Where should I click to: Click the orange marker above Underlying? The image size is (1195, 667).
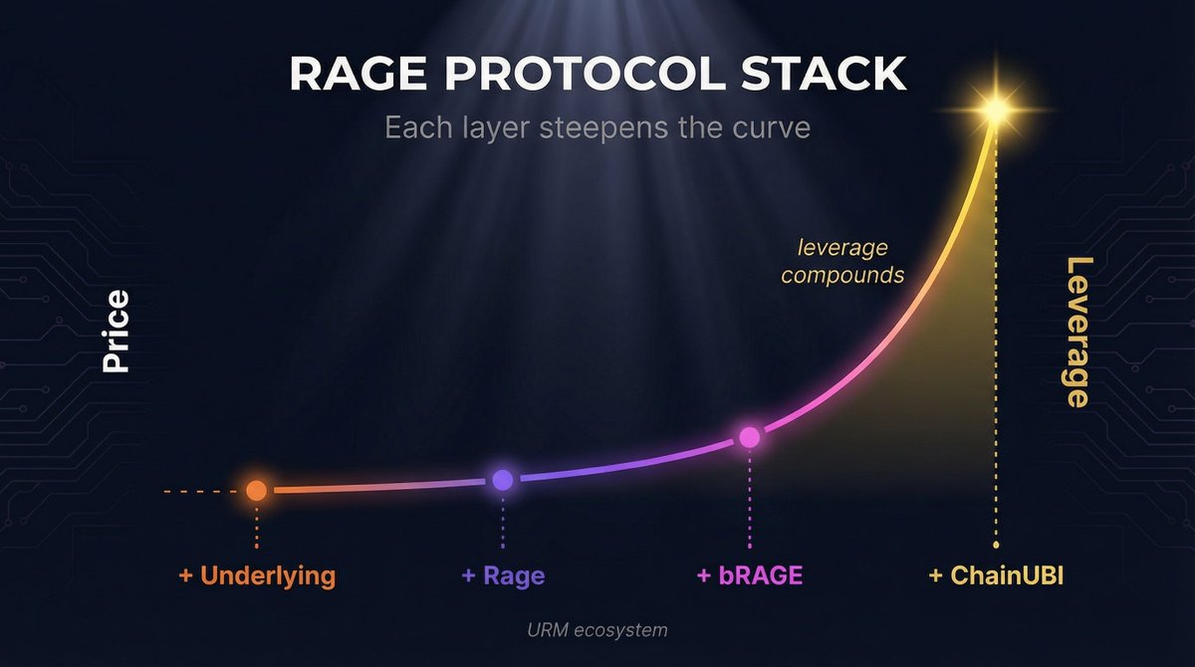256,490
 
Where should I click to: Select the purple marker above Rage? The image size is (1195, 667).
503,480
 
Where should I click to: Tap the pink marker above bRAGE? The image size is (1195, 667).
749,437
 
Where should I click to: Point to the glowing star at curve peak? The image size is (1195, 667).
994,109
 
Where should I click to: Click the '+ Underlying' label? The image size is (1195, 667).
257,575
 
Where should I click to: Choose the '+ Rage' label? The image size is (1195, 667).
503,575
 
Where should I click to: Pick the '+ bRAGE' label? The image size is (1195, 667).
749,575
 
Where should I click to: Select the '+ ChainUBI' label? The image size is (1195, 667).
996,575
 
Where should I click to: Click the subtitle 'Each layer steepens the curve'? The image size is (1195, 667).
597,128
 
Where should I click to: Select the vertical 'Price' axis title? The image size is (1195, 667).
117,332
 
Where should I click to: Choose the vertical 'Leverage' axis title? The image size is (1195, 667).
1077,332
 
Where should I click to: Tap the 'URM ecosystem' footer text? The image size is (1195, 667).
597,630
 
